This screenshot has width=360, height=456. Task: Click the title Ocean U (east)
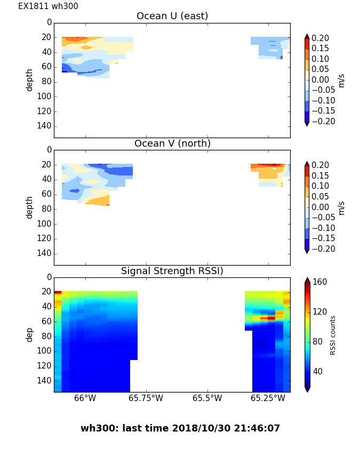click(172, 16)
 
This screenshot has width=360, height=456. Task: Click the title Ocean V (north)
click(172, 143)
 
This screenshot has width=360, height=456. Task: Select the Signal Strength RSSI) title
click(172, 271)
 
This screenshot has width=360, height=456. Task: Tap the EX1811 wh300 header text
click(48, 6)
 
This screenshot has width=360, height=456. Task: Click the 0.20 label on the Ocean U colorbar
click(320, 38)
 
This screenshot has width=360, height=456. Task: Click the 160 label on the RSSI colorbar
click(320, 282)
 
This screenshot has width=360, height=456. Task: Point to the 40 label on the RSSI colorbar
click(318, 371)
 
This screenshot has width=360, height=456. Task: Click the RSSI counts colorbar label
click(333, 335)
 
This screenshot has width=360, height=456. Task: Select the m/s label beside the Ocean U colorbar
click(341, 80)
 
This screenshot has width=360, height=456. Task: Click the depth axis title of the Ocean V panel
click(30, 207)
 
